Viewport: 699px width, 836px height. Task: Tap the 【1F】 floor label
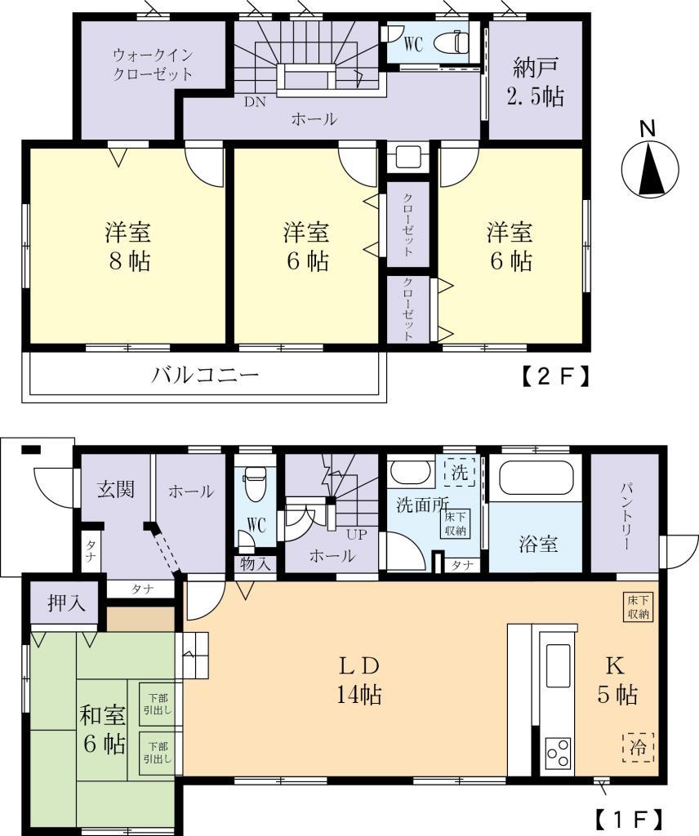tap(626, 818)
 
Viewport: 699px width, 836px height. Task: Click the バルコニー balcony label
tap(205, 376)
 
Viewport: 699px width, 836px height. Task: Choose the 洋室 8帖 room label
tap(127, 247)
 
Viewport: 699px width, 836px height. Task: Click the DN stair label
tap(255, 103)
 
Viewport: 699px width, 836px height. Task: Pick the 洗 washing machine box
tap(460, 472)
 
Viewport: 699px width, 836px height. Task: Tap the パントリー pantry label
tap(626, 514)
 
